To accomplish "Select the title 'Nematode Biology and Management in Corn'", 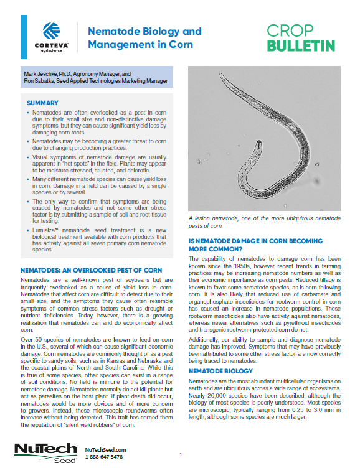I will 144,37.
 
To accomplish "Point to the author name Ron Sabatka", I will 39,81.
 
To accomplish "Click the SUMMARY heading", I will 43,103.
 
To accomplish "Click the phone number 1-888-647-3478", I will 103,457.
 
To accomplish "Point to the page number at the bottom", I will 180,455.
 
